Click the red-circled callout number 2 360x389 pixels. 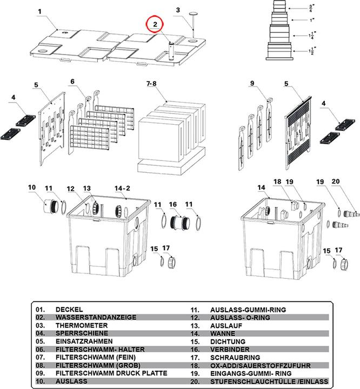pos(155,24)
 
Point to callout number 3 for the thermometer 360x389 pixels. pos(177,10)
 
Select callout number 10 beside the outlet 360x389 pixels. pos(32,187)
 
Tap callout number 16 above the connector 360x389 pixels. pos(173,204)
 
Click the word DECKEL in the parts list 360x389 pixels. pos(69,310)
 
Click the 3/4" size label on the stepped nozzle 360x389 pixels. pos(310,8)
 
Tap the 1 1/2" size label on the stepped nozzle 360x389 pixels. pos(310,52)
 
